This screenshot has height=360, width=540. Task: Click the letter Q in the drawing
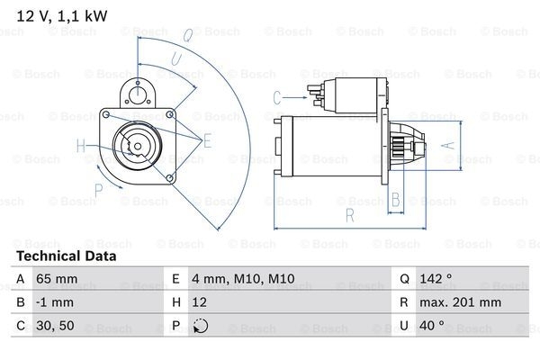click(x=186, y=36)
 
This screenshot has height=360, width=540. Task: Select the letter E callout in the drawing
click(x=207, y=139)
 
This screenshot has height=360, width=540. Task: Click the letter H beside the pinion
click(x=81, y=146)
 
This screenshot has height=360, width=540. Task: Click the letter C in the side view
click(x=276, y=96)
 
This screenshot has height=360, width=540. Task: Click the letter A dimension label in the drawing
click(x=441, y=144)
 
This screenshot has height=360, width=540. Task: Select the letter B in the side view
click(x=393, y=200)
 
